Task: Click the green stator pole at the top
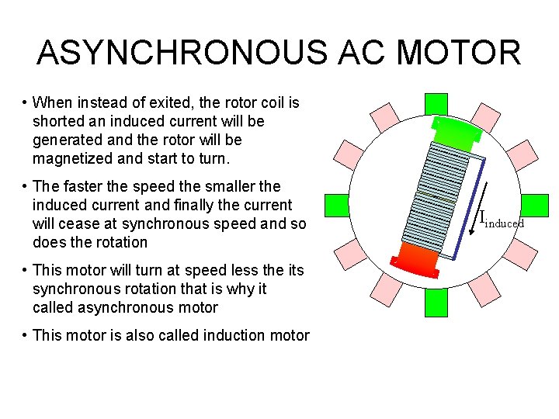coord(436,103)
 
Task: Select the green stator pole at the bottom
coord(436,303)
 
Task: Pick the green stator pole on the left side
coord(336,205)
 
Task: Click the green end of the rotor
coord(458,134)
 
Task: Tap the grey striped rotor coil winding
coord(435,198)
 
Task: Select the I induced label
coord(501,220)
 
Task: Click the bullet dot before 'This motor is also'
coord(26,336)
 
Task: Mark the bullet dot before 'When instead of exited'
coord(26,103)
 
